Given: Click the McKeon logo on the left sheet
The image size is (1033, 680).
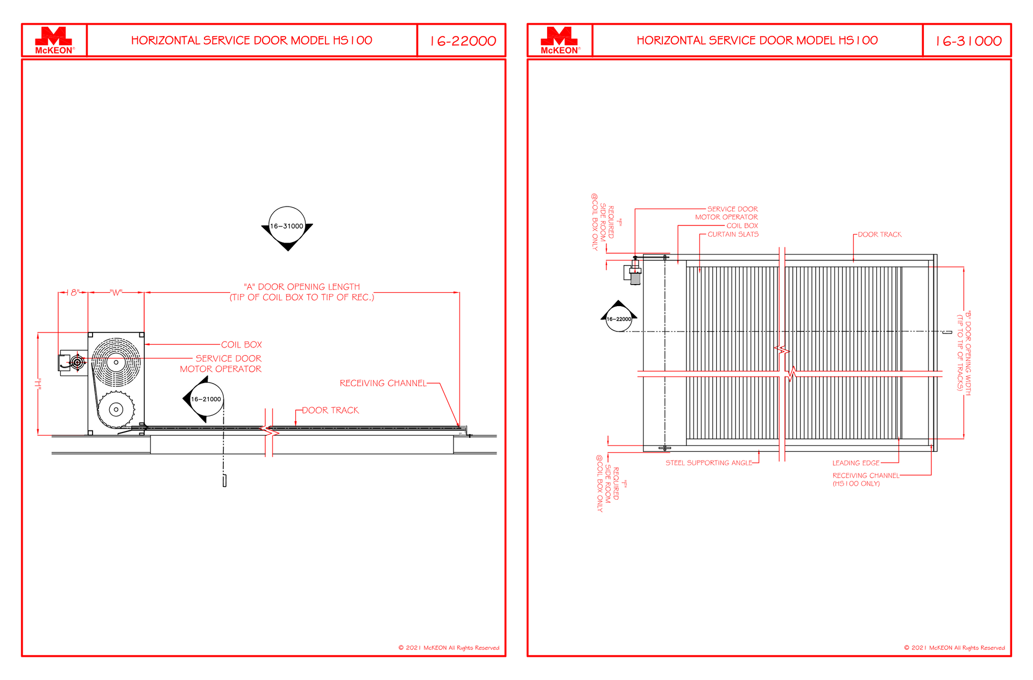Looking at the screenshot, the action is pos(54,40).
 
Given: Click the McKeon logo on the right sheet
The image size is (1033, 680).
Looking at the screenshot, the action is pos(560,40).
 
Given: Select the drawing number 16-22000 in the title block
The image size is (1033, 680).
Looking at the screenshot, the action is pos(463,41).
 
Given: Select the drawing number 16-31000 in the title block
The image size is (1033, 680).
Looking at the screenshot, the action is pos(969,41).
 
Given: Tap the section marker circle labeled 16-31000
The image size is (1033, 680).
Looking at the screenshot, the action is pos(287,226).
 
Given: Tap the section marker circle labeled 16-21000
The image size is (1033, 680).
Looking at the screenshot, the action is pos(206,399).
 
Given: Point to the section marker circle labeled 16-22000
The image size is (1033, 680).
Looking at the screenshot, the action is pos(619,319).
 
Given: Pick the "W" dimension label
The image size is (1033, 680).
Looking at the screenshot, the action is pos(116,293).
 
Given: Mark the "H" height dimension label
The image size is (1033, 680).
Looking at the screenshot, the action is pos(38,384).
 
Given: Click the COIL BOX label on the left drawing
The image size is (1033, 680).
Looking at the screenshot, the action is pos(242,345).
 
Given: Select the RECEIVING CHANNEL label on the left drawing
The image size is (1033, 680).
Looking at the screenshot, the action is pos(383,383).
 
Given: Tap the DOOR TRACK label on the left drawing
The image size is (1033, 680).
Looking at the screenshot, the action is pos(330,410).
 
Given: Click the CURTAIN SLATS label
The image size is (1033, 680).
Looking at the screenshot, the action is pos(733,234).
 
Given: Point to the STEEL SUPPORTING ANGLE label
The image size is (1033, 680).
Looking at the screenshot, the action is pos(709,463).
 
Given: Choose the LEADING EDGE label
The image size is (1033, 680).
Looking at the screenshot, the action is pos(856,463).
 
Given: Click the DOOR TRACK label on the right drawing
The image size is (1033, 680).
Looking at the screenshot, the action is pos(880,235).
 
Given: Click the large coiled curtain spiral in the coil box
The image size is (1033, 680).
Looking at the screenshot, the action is pos(116,362).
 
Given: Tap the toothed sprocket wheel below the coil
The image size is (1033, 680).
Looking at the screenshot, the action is pos(116,409).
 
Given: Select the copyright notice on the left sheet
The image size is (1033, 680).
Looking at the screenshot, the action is pos(449,648).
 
